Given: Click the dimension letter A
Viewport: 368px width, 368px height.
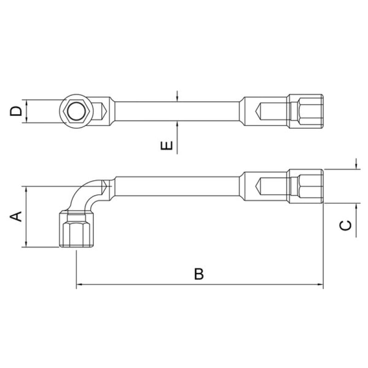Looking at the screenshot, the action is pyautogui.click(x=16, y=216).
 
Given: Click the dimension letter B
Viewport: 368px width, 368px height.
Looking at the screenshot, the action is pyautogui.click(x=199, y=274).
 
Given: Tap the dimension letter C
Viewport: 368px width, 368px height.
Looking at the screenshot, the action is pyautogui.click(x=345, y=225).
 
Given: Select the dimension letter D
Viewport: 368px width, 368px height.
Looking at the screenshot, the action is pyautogui.click(x=16, y=111).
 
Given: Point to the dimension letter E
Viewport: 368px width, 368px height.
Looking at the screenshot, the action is pyautogui.click(x=167, y=145).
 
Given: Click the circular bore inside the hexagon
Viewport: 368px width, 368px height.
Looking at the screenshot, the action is pyautogui.click(x=76, y=111).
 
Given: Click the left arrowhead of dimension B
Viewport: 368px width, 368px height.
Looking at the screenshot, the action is pyautogui.click(x=79, y=284).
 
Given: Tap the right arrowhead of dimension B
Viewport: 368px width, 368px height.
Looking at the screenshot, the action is pyautogui.click(x=320, y=284).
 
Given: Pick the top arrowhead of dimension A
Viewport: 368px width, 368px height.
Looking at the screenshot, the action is pyautogui.click(x=26, y=189).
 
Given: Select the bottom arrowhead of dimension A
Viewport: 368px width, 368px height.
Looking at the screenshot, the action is pyautogui.click(x=26, y=244).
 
